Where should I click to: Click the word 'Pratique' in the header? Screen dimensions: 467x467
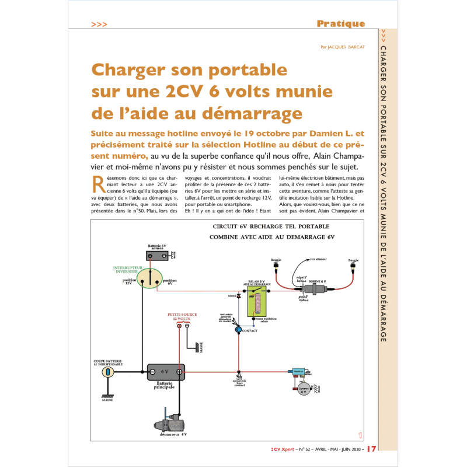point(340,24)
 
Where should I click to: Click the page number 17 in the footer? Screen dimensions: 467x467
point(372,448)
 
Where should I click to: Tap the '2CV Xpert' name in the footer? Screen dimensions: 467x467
point(284,449)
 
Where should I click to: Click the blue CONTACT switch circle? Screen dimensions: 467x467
point(238,330)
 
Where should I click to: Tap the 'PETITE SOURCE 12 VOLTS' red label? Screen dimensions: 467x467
point(182,316)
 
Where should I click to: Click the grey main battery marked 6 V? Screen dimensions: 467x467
point(165,371)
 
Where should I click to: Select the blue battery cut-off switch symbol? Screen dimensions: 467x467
point(107,372)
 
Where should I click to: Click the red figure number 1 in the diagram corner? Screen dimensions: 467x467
point(360,434)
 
